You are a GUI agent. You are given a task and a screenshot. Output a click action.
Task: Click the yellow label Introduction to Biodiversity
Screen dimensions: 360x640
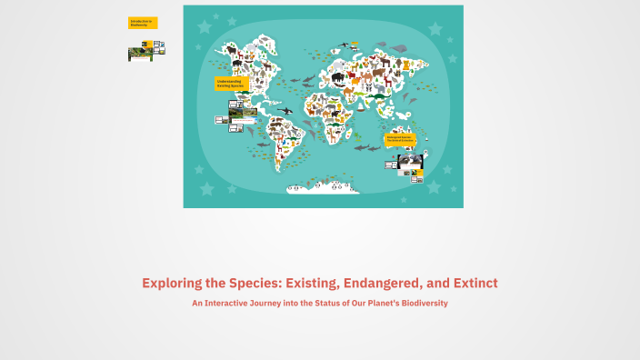[x=143, y=23]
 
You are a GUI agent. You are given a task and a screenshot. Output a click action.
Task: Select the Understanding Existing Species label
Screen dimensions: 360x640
[x=231, y=83]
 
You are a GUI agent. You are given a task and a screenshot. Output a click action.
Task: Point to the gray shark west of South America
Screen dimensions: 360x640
[x=261, y=144]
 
